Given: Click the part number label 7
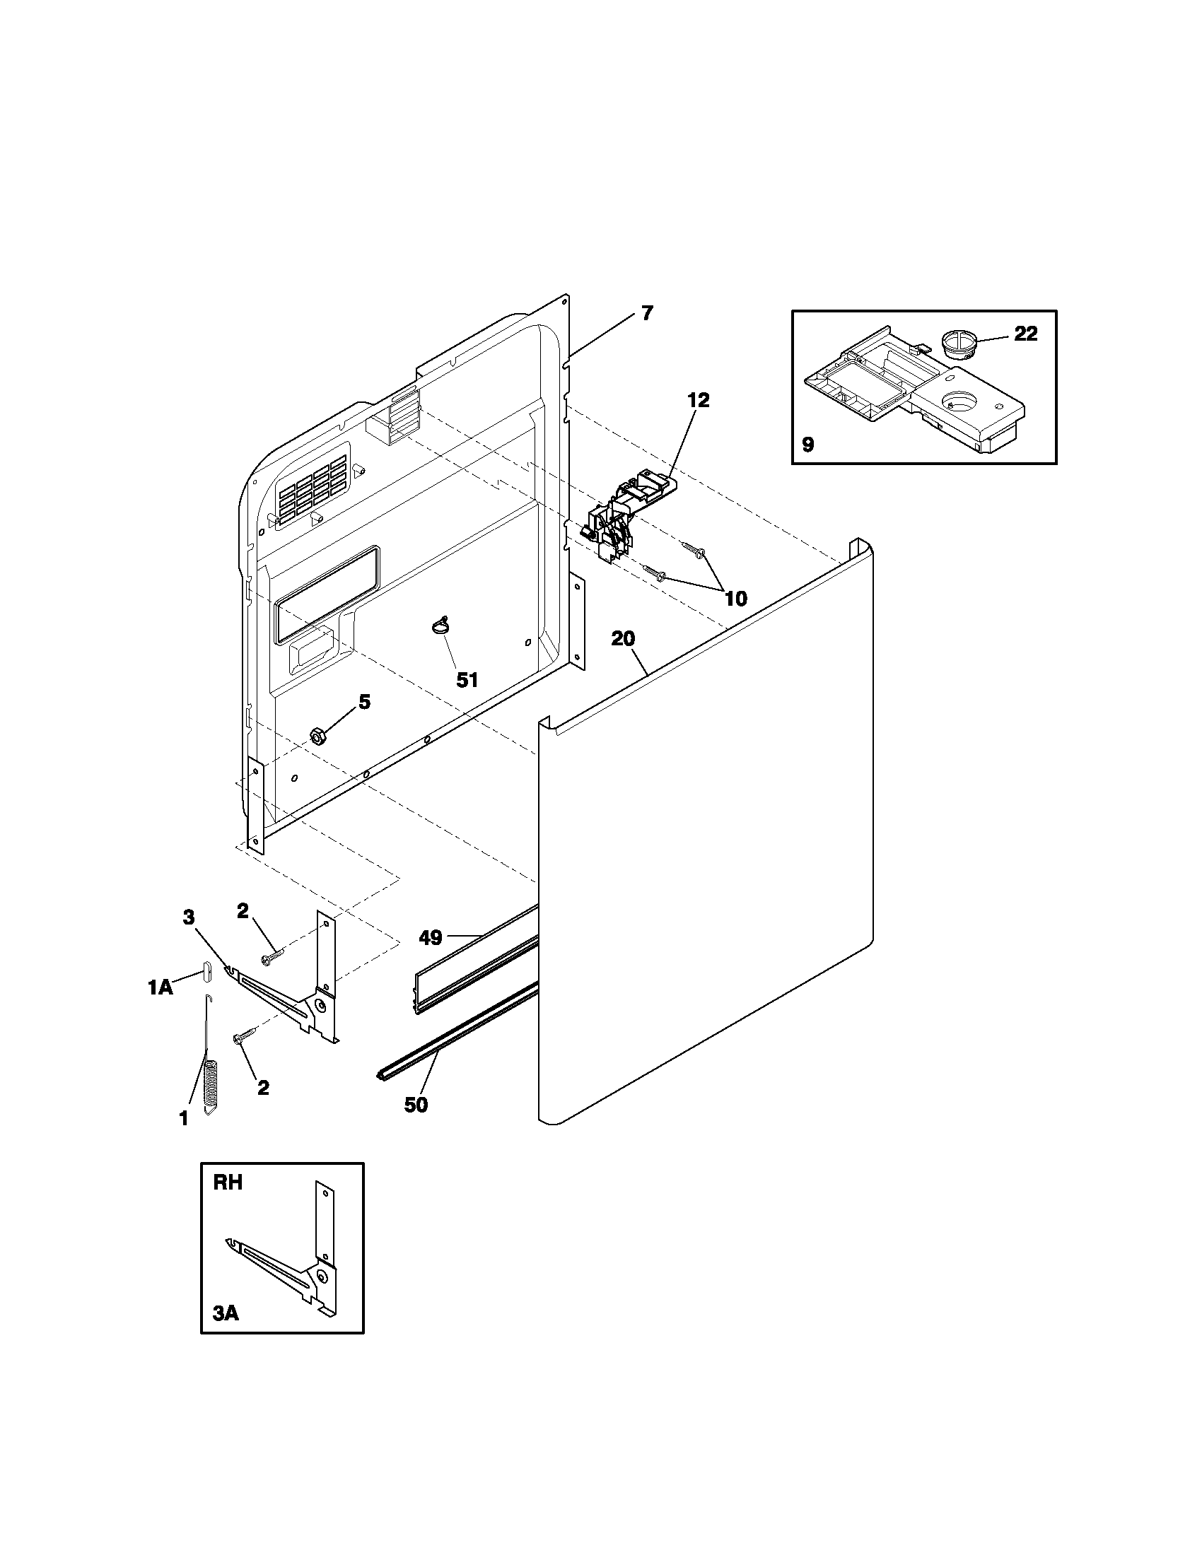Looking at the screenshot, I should (x=646, y=313).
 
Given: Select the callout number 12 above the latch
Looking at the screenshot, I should (x=698, y=400).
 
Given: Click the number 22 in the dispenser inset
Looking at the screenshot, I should (x=1025, y=333).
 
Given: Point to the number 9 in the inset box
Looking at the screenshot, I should (x=807, y=445).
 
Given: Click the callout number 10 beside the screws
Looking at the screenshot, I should (x=735, y=599).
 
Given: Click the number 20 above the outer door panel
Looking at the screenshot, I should (x=622, y=639).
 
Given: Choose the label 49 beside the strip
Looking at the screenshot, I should (x=430, y=938).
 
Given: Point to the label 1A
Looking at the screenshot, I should (x=161, y=987).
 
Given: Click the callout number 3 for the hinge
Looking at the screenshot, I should (x=188, y=917).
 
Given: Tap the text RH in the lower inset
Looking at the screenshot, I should (x=228, y=1183).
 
